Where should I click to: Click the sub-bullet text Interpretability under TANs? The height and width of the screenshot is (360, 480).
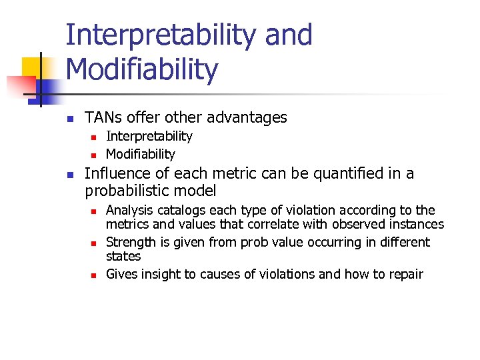149,136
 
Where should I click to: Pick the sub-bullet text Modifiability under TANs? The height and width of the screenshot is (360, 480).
140,154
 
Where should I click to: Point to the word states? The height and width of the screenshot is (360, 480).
123,256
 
